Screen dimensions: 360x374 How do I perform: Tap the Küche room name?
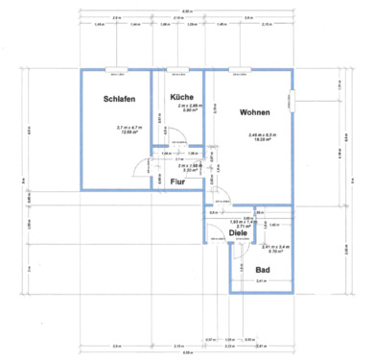(x=182, y=98)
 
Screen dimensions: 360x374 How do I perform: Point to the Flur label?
(x=178, y=181)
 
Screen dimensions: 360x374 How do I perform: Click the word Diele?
(x=237, y=231)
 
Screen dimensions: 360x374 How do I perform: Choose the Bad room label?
(x=263, y=270)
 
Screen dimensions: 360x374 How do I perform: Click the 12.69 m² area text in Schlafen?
(x=129, y=132)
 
